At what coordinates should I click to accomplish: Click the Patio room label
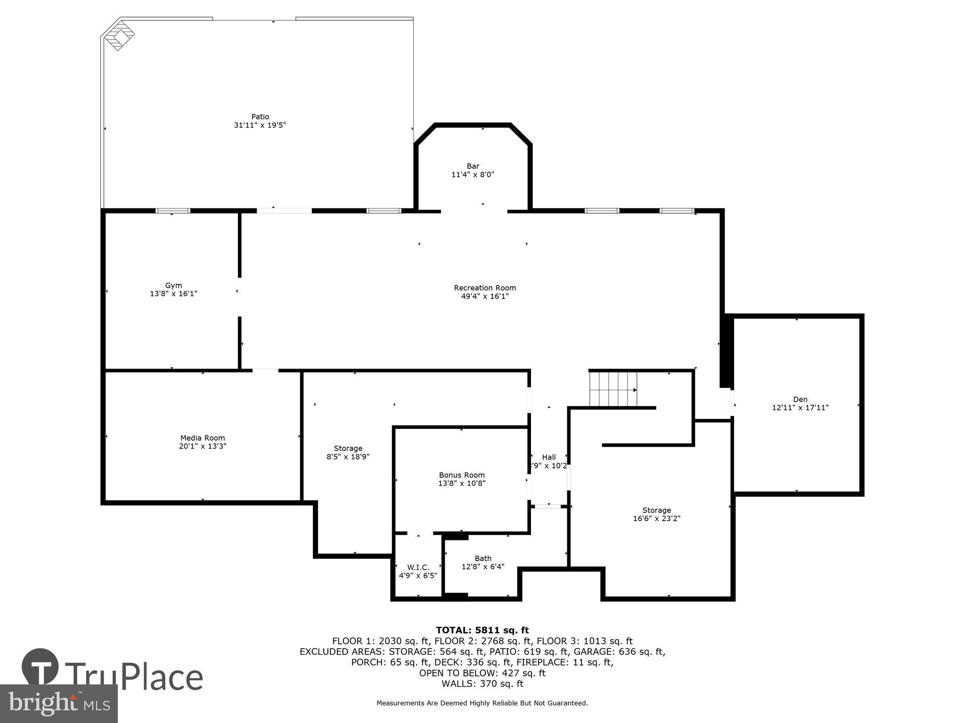point(260,117)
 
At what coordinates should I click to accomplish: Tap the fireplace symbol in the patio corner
point(119,34)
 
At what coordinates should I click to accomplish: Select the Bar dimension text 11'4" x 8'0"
point(473,175)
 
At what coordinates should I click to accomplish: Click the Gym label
point(173,285)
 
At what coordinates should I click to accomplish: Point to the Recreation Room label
point(485,288)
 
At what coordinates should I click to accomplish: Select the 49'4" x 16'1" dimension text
point(485,297)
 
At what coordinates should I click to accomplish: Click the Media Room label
point(203,438)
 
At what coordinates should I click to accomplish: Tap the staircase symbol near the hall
point(613,389)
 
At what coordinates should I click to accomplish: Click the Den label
point(800,399)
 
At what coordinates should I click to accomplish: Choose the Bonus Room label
point(462,475)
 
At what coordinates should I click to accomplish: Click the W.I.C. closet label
point(418,567)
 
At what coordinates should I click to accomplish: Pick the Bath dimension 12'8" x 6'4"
point(483,567)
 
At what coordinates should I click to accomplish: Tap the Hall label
point(548,457)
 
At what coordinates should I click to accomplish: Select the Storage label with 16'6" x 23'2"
point(656,510)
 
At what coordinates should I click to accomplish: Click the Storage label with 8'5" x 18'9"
point(348,448)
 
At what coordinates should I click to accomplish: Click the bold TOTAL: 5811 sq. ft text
point(482,630)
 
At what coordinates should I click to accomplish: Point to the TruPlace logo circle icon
point(40,667)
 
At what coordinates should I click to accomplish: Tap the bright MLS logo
point(58,704)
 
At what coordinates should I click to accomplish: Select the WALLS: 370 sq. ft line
point(482,684)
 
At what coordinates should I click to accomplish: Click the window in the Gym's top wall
point(173,211)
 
